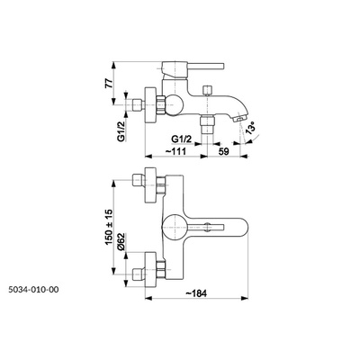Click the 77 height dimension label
[110, 82]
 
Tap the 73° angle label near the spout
[250, 129]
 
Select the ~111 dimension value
[175, 151]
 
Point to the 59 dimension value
[223, 151]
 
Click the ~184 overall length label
[196, 293]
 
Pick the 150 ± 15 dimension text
[109, 227]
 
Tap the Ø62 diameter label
[121, 242]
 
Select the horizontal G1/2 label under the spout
[181, 139]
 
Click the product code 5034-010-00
[33, 290]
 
